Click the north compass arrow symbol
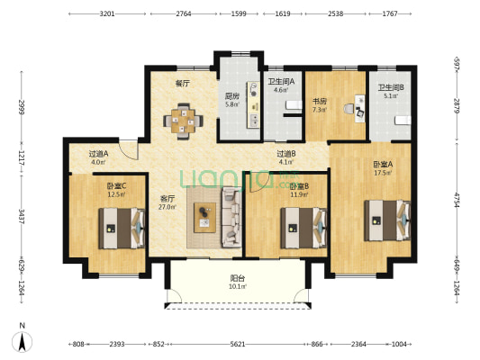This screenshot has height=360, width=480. click(x=22, y=342)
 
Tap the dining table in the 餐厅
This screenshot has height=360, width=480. click(x=183, y=121)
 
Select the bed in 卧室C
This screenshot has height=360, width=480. click(x=122, y=229)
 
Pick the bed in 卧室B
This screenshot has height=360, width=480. click(x=303, y=229)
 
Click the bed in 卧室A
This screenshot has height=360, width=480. click(x=387, y=220)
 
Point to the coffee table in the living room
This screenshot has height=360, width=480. click(x=204, y=218)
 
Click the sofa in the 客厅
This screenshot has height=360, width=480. click(x=231, y=217)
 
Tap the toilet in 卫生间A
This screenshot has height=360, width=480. click(x=294, y=105)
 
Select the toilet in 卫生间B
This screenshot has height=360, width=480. click(x=403, y=121)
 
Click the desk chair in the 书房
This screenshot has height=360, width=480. click(x=349, y=109)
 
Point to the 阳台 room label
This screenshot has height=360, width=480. click(x=238, y=278)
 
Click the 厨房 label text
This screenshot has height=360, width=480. click(x=231, y=96)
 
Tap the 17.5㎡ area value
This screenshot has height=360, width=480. click(x=383, y=173)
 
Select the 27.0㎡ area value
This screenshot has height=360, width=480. click(x=168, y=207)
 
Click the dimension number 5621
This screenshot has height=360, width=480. click(x=238, y=344)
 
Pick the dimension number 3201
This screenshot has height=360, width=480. click(x=107, y=13)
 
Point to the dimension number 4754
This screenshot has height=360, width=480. click(x=457, y=200)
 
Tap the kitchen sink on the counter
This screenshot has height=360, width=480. click(x=254, y=121)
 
